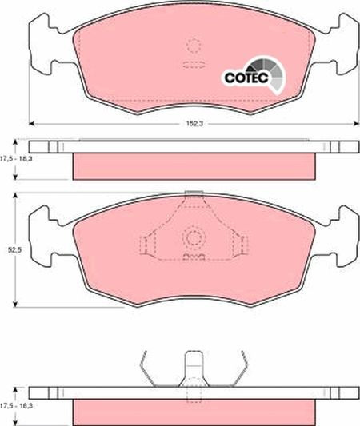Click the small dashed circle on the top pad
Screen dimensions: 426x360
[x=193, y=46]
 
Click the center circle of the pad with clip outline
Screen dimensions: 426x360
[x=193, y=237]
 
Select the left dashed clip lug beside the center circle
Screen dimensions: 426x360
[x=146, y=243]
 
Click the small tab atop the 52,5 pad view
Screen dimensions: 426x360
[x=192, y=193]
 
